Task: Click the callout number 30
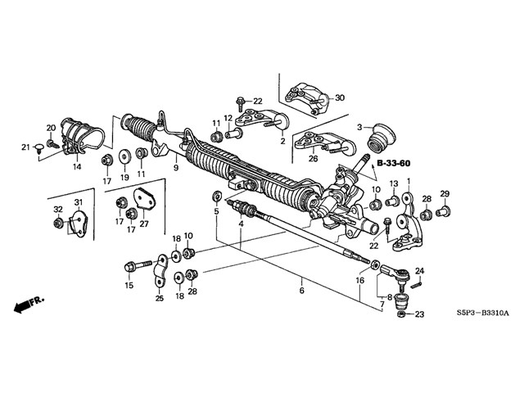point(340,97)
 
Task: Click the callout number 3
point(359,126)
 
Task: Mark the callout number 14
point(77,166)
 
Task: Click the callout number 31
point(79,202)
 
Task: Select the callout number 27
point(145,224)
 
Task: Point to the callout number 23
point(420,314)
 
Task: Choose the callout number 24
point(420,271)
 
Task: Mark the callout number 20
point(51,128)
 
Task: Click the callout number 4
point(242,224)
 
